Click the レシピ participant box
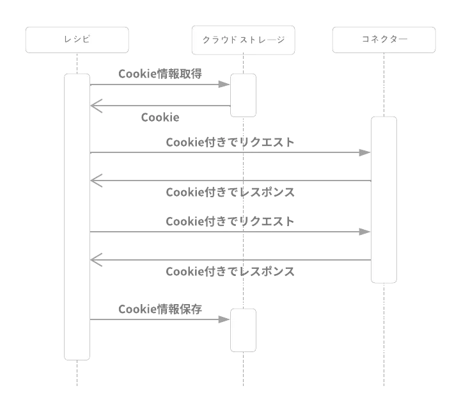pyautogui.click(x=77, y=40)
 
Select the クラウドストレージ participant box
pyautogui.click(x=243, y=40)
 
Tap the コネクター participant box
pyautogui.click(x=384, y=40)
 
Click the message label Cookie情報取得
pyautogui.click(x=160, y=74)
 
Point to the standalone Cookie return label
pyautogui.click(x=159, y=118)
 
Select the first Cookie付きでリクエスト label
pyautogui.click(x=230, y=142)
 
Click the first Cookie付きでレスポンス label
pyautogui.click(x=230, y=192)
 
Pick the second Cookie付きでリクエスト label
pyautogui.click(x=230, y=222)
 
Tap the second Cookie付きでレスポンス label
pyautogui.click(x=230, y=271)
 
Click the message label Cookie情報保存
pyautogui.click(x=160, y=309)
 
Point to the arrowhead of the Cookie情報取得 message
pyautogui.click(x=224, y=84)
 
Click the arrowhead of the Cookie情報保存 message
pyautogui.click(x=224, y=319)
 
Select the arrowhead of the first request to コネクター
pyautogui.click(x=364, y=152)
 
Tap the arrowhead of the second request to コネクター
pyautogui.click(x=364, y=231)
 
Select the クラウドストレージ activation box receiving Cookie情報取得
pyautogui.click(x=243, y=95)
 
